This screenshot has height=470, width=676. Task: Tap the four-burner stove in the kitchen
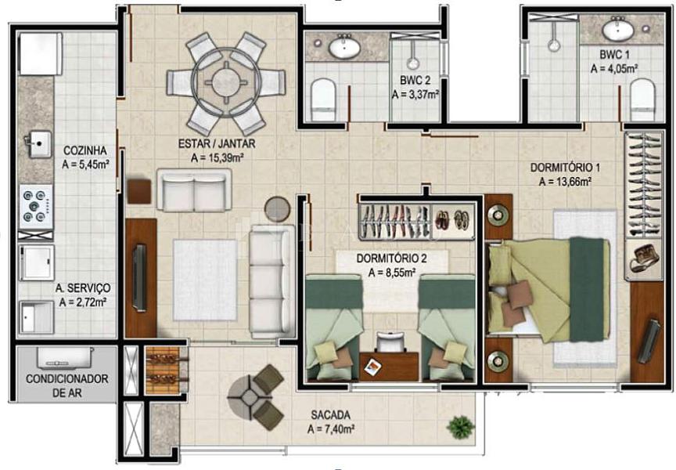[x=35, y=206]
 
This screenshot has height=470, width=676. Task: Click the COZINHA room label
[x=85, y=150]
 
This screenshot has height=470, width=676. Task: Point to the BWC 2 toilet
[x=323, y=99]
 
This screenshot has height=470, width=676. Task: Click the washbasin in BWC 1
[x=618, y=29]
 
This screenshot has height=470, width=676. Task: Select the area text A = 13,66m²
[x=565, y=182]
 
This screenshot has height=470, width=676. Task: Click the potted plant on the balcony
[x=461, y=427]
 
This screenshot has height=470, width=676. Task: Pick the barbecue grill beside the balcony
[x=163, y=370]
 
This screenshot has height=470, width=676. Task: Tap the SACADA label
[x=331, y=415]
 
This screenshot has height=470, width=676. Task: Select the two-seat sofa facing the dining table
[x=194, y=190]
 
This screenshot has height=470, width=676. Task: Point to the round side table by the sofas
[x=277, y=209]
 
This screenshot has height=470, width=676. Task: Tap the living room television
[x=139, y=277]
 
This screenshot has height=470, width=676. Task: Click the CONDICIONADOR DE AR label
[x=67, y=386]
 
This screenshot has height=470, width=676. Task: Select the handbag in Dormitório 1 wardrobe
[x=644, y=258]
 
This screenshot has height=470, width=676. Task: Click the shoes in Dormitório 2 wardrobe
[x=451, y=219]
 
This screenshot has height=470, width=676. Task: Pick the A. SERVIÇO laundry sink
[x=36, y=317]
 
